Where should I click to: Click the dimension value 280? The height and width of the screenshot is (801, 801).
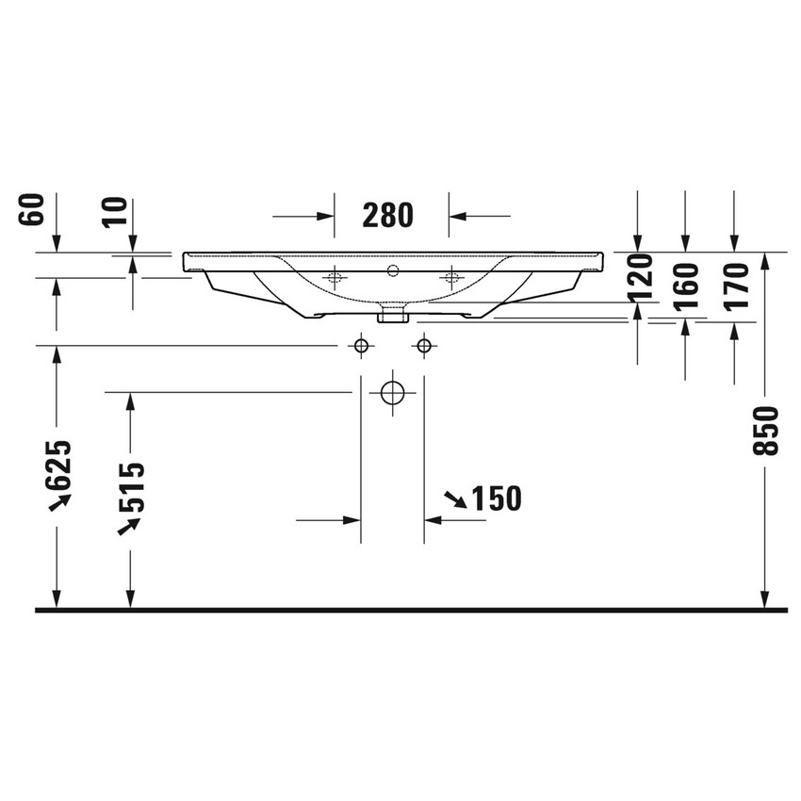387,216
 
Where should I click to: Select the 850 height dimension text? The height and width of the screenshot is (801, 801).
771,431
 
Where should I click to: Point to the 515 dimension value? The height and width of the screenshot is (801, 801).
132,486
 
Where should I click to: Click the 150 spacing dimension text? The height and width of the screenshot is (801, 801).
495,499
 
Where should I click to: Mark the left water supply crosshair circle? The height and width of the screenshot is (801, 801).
360,346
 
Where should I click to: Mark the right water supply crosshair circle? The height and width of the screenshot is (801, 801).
424,346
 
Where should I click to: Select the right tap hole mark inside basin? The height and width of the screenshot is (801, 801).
450,277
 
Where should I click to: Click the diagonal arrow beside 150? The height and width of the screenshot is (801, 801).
454,500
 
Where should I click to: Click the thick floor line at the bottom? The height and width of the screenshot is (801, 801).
410,610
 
